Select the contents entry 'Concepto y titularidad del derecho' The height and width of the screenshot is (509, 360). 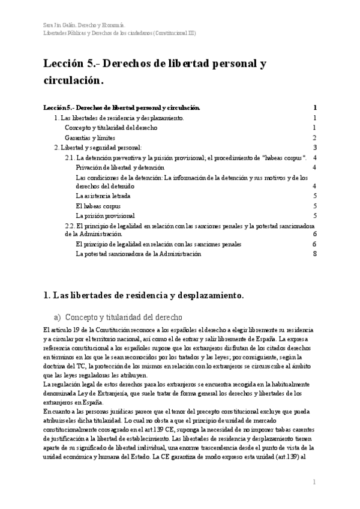pyautogui.click(x=111, y=128)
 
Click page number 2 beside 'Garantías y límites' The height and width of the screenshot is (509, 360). pyautogui.click(x=314, y=137)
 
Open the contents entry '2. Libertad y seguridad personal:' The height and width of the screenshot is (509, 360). pyautogui.click(x=98, y=148)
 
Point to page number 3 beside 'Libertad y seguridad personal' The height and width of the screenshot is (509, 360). pyautogui.click(x=314, y=148)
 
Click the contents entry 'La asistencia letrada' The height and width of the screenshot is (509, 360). pyautogui.click(x=103, y=196)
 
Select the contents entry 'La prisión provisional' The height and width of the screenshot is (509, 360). pyautogui.click(x=105, y=215)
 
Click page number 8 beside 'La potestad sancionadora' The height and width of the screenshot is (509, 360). pyautogui.click(x=314, y=254)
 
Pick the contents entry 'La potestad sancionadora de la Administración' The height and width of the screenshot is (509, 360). pyautogui.click(x=138, y=254)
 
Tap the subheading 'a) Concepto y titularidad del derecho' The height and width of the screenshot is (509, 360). pyautogui.click(x=118, y=317)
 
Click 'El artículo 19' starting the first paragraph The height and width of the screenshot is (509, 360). pyautogui.click(x=64, y=331)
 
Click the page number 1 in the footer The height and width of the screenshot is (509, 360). pyautogui.click(x=314, y=482)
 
